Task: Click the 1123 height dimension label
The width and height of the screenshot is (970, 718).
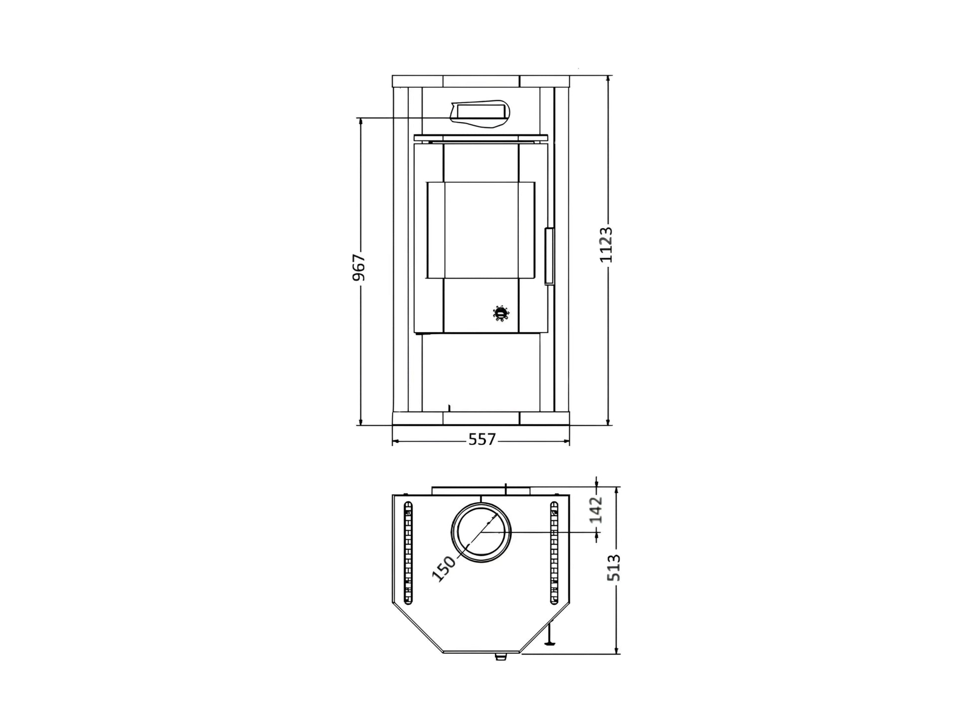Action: [x=606, y=245]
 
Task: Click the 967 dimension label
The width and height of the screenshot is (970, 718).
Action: [x=359, y=268]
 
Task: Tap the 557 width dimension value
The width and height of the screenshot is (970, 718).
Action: [x=482, y=439]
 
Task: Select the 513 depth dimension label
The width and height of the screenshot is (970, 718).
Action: [x=614, y=568]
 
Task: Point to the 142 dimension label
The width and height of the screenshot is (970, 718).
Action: [x=596, y=510]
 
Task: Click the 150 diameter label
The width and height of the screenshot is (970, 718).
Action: [x=443, y=569]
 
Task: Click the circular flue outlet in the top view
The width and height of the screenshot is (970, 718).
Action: [x=481, y=532]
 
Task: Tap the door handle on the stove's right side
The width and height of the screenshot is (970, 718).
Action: [x=549, y=256]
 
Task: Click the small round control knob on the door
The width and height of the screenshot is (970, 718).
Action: [x=501, y=313]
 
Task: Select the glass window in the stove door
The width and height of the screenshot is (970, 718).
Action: [x=481, y=230]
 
